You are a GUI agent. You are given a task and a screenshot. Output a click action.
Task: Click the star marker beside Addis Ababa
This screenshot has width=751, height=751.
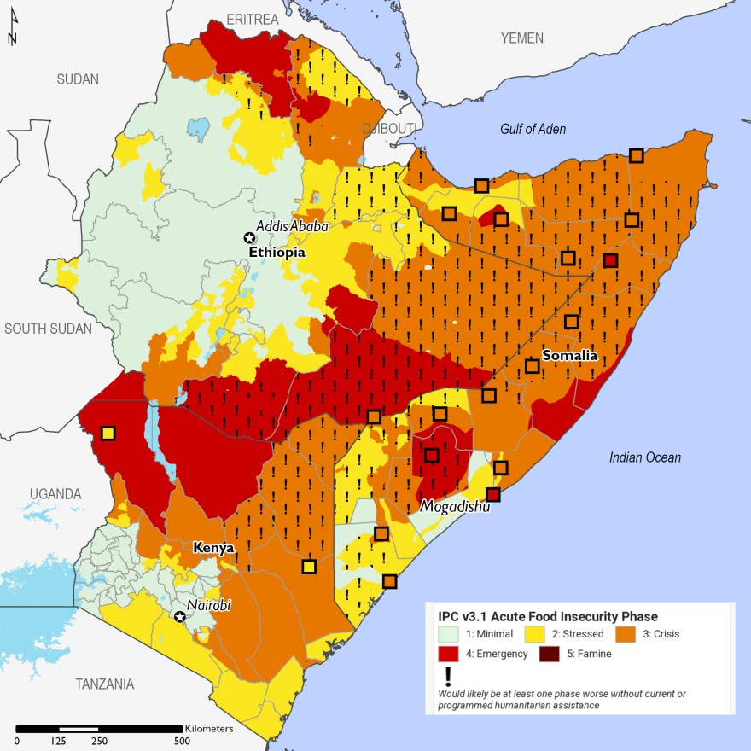tap(249, 238)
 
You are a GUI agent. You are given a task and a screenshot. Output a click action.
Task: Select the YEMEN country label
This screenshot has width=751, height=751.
tap(521, 38)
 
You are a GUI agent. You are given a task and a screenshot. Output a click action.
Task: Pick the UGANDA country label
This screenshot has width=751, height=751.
tap(55, 494)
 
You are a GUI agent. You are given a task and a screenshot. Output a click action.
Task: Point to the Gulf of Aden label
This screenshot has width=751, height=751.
tap(533, 129)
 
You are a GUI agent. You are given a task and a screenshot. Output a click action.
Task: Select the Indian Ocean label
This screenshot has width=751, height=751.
tap(644, 457)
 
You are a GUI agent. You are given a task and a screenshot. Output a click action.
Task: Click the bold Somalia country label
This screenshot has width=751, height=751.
tap(569, 355)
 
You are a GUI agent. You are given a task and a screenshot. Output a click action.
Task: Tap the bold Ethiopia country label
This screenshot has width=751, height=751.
tap(277, 253)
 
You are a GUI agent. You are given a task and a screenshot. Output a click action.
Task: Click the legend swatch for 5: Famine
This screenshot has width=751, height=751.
tap(550, 655)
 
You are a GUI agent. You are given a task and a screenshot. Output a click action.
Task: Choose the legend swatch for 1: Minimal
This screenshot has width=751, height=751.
tap(448, 634)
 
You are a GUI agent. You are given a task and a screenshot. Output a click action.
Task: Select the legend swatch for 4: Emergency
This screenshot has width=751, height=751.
tap(448, 655)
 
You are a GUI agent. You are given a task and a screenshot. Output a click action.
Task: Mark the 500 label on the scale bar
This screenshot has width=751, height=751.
tap(182, 741)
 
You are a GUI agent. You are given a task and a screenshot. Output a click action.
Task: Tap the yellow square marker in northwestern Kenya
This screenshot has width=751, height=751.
tap(108, 434)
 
